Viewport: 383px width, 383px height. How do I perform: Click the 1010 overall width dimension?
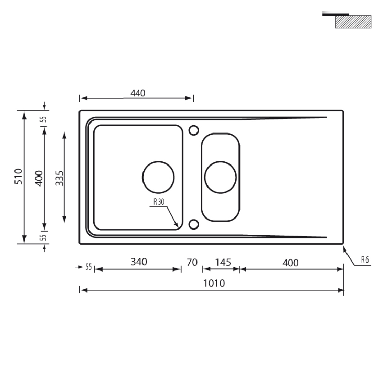coord(214,283)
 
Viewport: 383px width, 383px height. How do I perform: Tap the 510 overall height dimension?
coord(18,176)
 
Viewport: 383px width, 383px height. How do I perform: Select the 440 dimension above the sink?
coord(138,93)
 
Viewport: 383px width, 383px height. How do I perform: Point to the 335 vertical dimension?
coord(59,178)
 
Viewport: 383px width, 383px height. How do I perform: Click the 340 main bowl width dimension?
coord(139,262)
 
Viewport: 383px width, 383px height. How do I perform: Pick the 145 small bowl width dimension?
coord(223,262)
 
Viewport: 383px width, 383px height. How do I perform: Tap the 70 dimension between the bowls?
coord(192,262)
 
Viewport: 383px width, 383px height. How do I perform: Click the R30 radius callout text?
coord(159,202)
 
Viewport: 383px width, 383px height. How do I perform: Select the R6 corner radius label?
coord(365,260)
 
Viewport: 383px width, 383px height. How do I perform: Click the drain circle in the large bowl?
coord(158,162)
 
